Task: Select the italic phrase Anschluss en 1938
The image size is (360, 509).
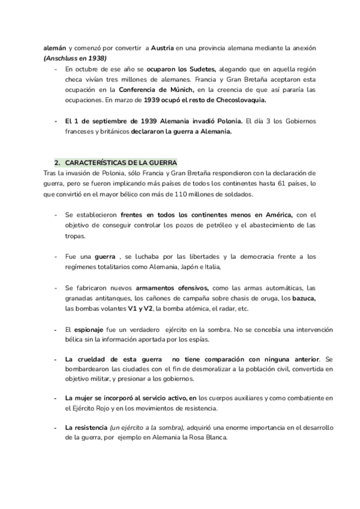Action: tap(74, 58)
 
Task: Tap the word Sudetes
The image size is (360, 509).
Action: tap(202, 70)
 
